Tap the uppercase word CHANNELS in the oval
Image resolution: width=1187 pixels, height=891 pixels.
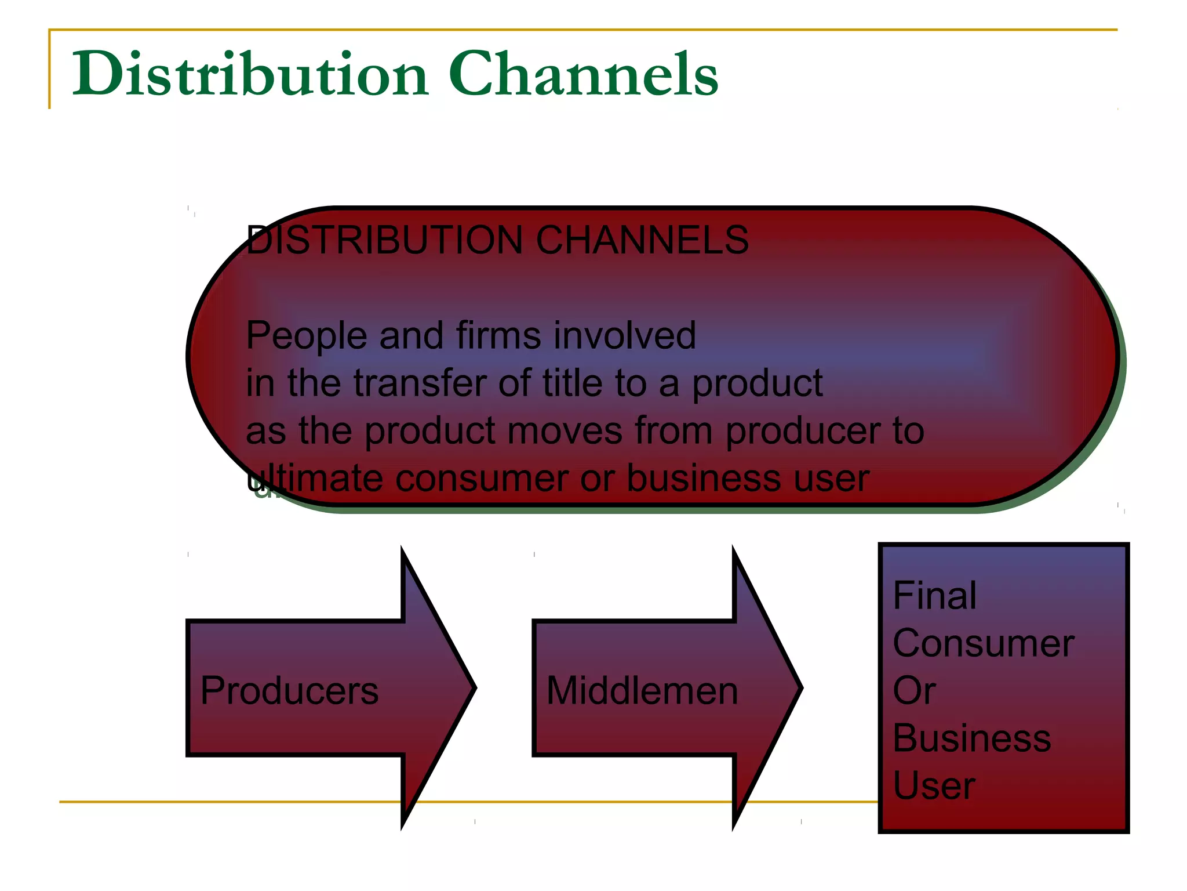[642, 240]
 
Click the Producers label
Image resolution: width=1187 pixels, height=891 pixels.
[289, 691]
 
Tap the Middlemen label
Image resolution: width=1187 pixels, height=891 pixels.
[642, 691]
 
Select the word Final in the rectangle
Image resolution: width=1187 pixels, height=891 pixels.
[934, 596]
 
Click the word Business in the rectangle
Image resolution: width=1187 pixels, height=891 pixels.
[972, 738]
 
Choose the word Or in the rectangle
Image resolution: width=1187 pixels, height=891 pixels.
[914, 691]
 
